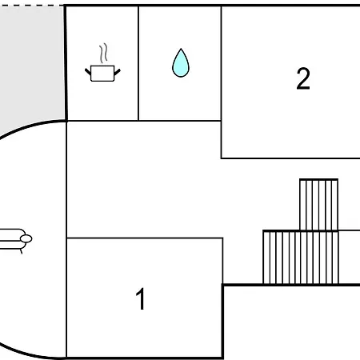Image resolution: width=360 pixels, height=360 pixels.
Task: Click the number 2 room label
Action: (x=303, y=78)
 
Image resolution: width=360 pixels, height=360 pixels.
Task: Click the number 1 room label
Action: (x=140, y=298)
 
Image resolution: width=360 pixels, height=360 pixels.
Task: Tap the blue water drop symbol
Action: (x=181, y=63)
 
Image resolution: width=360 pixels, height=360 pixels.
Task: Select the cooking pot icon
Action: (x=102, y=73)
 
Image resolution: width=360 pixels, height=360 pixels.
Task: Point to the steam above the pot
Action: (x=103, y=53)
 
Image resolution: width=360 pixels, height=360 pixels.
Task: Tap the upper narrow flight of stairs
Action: (x=319, y=205)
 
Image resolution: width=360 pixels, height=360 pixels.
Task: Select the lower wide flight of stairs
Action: (x=301, y=258)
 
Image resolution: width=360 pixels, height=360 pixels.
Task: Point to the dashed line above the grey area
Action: (x=32, y=5)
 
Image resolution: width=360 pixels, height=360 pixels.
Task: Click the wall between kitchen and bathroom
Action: (x=138, y=63)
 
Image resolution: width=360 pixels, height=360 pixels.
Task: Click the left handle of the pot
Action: (x=88, y=71)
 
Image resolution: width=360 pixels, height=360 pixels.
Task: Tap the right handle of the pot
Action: (x=118, y=72)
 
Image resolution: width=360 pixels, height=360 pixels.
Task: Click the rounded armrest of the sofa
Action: (x=26, y=238)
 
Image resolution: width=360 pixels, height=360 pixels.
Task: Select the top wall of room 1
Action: (x=145, y=238)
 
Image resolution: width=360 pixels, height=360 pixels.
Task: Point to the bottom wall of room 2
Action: (x=290, y=158)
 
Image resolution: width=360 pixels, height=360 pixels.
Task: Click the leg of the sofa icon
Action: (x=21, y=251)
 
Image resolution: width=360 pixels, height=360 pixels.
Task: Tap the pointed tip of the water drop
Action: (x=181, y=49)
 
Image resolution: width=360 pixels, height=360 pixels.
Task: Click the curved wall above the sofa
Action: (x=30, y=126)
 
